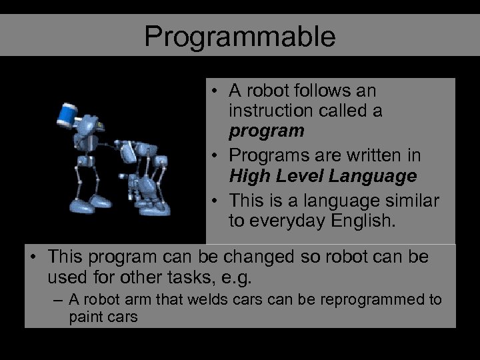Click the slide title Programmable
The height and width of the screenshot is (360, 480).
tap(240, 37)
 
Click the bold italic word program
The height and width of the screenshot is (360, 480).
tap(266, 130)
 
